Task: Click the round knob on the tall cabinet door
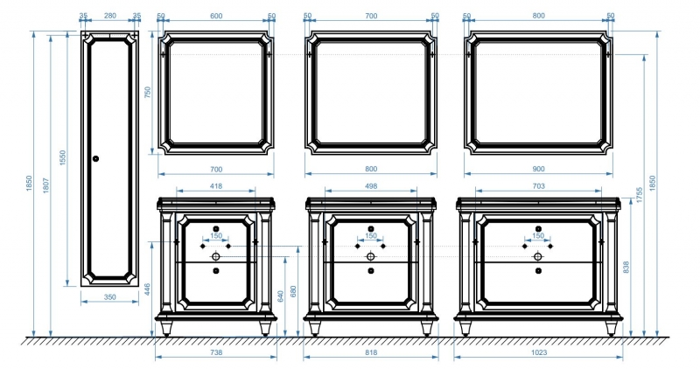coord(95,158)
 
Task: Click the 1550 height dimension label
coord(62,158)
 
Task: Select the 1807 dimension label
coord(46,185)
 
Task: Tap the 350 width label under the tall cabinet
coord(110,297)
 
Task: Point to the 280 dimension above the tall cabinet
coord(110,16)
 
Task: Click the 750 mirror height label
coord(148,92)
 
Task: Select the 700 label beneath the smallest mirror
coord(216,169)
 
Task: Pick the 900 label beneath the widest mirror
coord(539,169)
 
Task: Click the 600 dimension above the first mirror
coord(216,16)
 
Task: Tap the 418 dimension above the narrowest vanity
coord(216,186)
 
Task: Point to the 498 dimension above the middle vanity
coord(371,186)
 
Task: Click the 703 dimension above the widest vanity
coord(539,186)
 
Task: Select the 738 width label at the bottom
coord(216,352)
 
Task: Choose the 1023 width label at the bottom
coord(539,352)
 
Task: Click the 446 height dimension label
coord(148,289)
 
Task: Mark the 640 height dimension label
coord(280,296)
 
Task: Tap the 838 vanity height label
coord(626,268)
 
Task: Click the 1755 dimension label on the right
coord(640,195)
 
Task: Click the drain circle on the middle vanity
coord(370,256)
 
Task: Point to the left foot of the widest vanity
coord(465,329)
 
